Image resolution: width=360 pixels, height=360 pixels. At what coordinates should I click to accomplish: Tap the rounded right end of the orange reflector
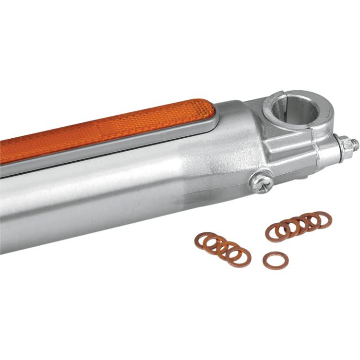204,108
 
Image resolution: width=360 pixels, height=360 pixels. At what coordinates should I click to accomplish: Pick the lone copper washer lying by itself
275,260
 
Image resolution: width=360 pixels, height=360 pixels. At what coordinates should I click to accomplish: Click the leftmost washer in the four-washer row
205,240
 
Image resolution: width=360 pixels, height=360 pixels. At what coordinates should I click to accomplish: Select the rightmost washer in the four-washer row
240,257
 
